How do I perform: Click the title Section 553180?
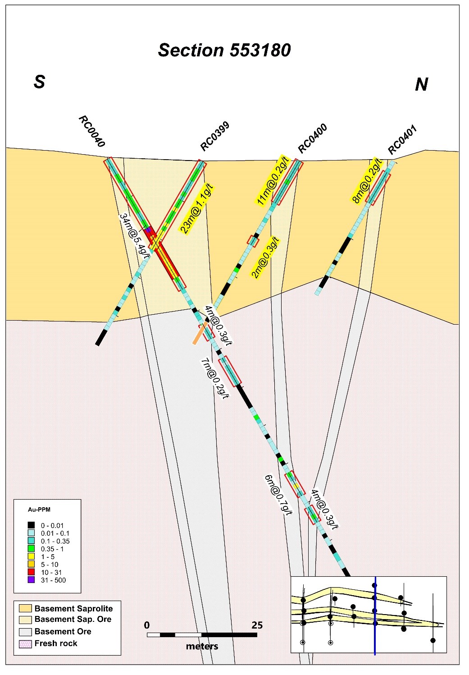pos(224,50)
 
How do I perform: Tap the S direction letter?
pos(40,82)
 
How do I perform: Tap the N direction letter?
pos(421,84)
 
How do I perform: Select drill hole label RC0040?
pos(91,132)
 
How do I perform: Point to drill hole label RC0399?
pos(215,136)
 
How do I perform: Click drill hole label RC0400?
pos(312,138)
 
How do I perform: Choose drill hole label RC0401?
pos(402,140)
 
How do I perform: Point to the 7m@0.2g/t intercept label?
pos(215,378)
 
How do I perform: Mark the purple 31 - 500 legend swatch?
pos(31,580)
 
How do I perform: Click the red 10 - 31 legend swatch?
pos(31,572)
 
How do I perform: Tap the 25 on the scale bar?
pos(257,625)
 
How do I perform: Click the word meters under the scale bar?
pos(202,646)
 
